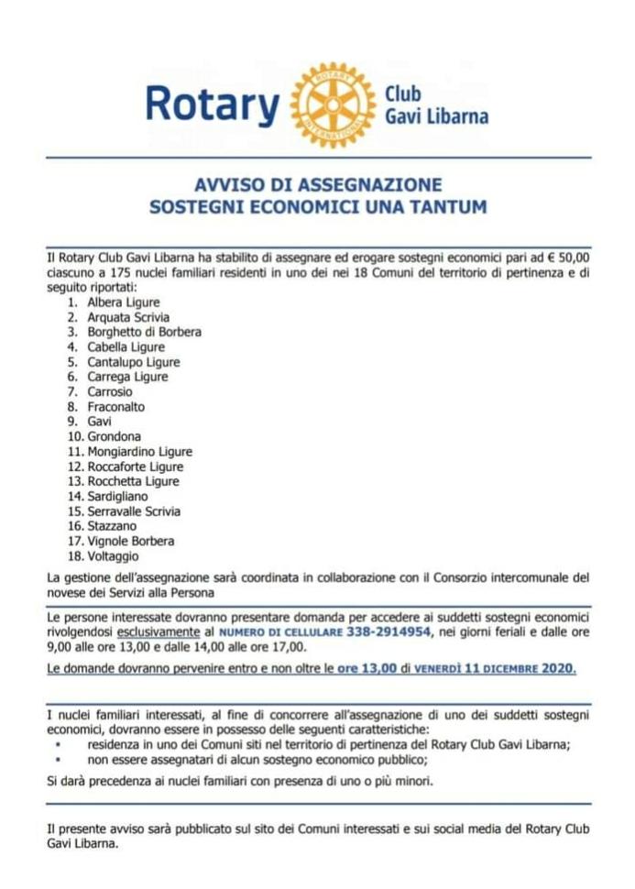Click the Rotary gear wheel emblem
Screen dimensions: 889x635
(x=333, y=105)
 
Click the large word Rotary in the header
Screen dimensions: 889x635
(x=213, y=105)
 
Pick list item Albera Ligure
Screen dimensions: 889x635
(x=124, y=302)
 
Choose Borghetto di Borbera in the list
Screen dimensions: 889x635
(x=144, y=332)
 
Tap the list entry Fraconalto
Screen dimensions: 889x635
(x=116, y=406)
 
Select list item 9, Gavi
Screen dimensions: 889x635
(x=100, y=422)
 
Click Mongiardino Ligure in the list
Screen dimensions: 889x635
(x=139, y=451)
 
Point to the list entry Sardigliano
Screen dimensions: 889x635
(x=117, y=496)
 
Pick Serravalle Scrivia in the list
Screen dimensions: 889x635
(x=134, y=510)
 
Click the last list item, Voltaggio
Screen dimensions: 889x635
(x=114, y=555)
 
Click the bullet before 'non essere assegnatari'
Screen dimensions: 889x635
(x=59, y=760)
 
